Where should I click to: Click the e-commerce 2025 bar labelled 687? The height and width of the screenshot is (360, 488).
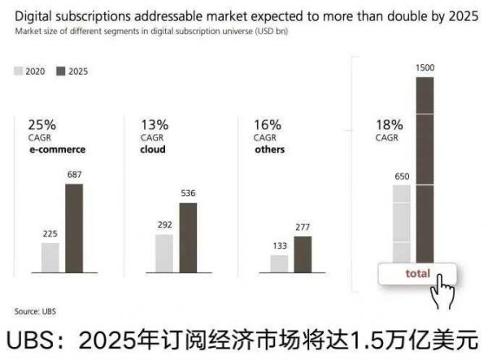(x=74, y=227)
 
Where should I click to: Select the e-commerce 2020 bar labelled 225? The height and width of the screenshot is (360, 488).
(x=50, y=256)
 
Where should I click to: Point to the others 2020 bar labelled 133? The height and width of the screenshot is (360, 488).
(x=279, y=262)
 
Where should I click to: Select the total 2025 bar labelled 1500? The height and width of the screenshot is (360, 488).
(x=425, y=171)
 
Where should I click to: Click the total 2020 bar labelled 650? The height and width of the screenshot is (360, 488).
(x=401, y=223)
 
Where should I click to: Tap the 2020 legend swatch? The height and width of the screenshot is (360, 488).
(x=20, y=72)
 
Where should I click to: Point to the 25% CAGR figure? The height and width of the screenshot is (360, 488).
(x=41, y=125)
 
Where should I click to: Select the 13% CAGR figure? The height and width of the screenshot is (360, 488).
(x=155, y=125)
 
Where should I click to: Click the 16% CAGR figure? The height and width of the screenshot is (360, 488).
(x=268, y=125)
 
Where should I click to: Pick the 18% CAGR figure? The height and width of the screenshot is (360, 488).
(x=390, y=125)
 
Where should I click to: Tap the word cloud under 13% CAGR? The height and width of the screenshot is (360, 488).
(x=152, y=150)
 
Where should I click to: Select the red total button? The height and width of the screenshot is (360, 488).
(x=416, y=274)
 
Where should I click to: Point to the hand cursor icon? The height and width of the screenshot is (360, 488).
(x=443, y=291)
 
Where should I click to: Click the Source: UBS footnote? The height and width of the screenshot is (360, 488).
(x=35, y=310)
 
